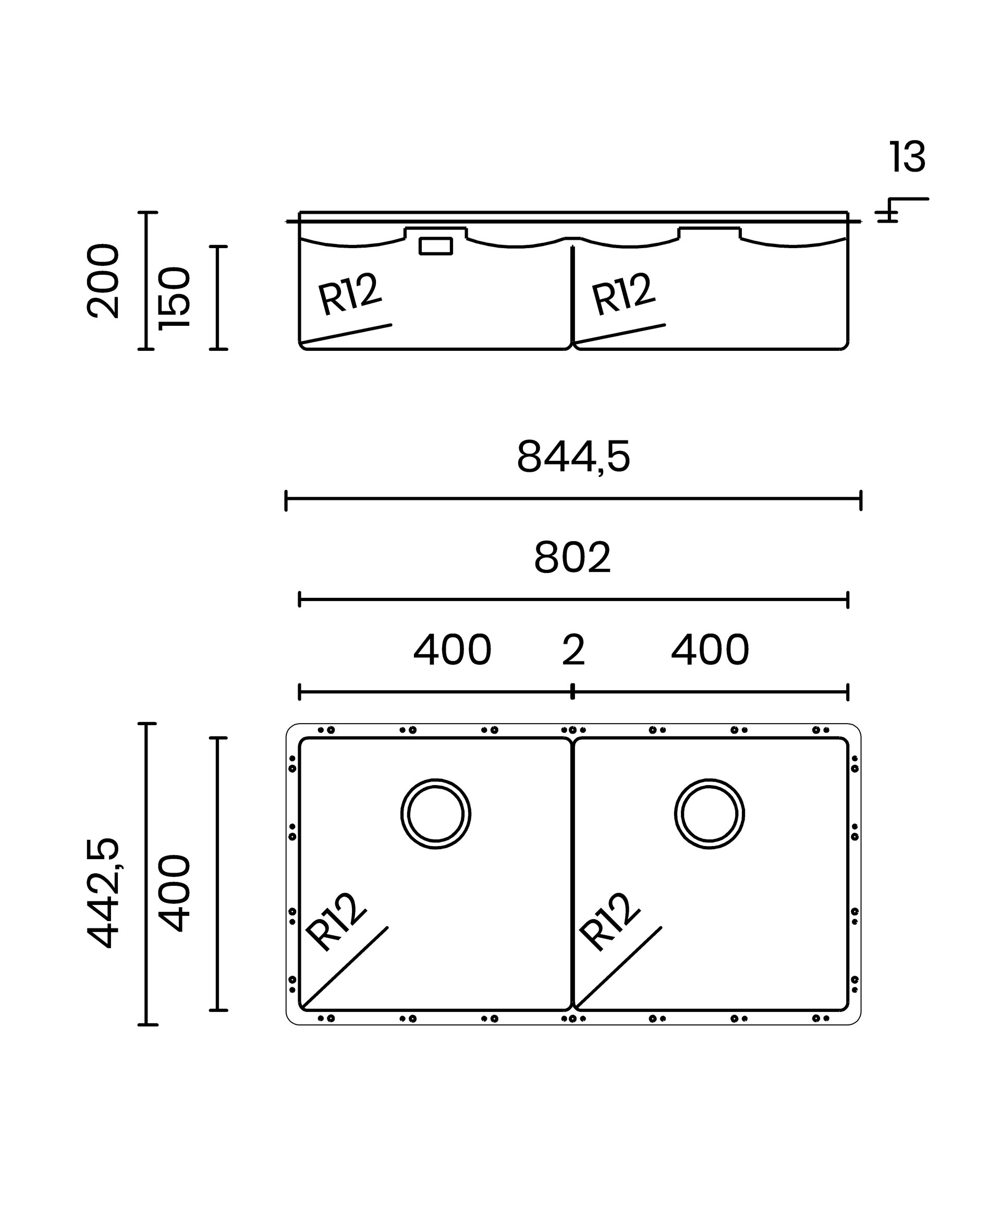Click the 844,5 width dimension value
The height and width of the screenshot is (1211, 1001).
(x=573, y=457)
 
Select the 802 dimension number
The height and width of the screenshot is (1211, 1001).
(x=572, y=558)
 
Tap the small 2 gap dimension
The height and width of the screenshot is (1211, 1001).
(x=573, y=650)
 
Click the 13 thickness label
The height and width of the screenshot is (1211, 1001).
(x=908, y=157)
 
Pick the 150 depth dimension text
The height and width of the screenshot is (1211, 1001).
(x=174, y=298)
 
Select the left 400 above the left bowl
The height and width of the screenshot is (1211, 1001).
(x=453, y=650)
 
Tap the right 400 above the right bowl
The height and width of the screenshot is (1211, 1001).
(x=711, y=650)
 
